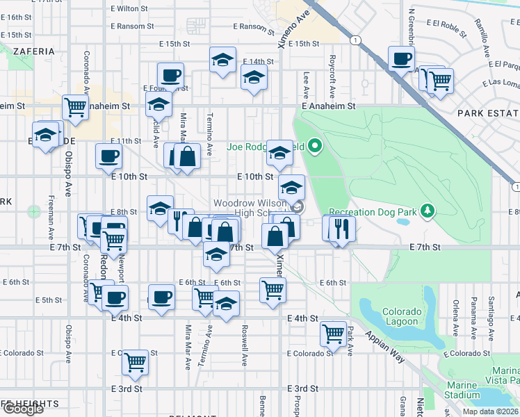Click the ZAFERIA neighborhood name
pos(33,51)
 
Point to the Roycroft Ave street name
pos(333,77)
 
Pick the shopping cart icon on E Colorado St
pos(134,361)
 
